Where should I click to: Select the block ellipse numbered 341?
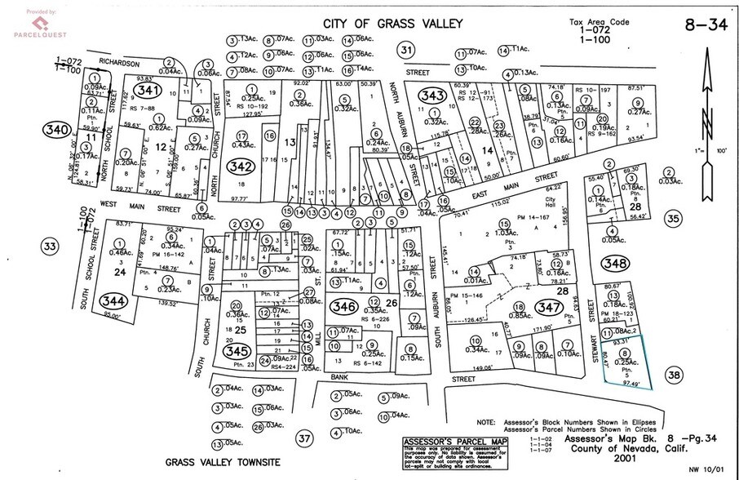pyautogui.click(x=148, y=90)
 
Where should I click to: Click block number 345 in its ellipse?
pyautogui.click(x=236, y=350)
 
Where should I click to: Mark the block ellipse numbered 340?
pyautogui.click(x=58, y=130)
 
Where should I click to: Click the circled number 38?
pyautogui.click(x=674, y=375)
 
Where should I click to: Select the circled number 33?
pyautogui.click(x=51, y=246)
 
